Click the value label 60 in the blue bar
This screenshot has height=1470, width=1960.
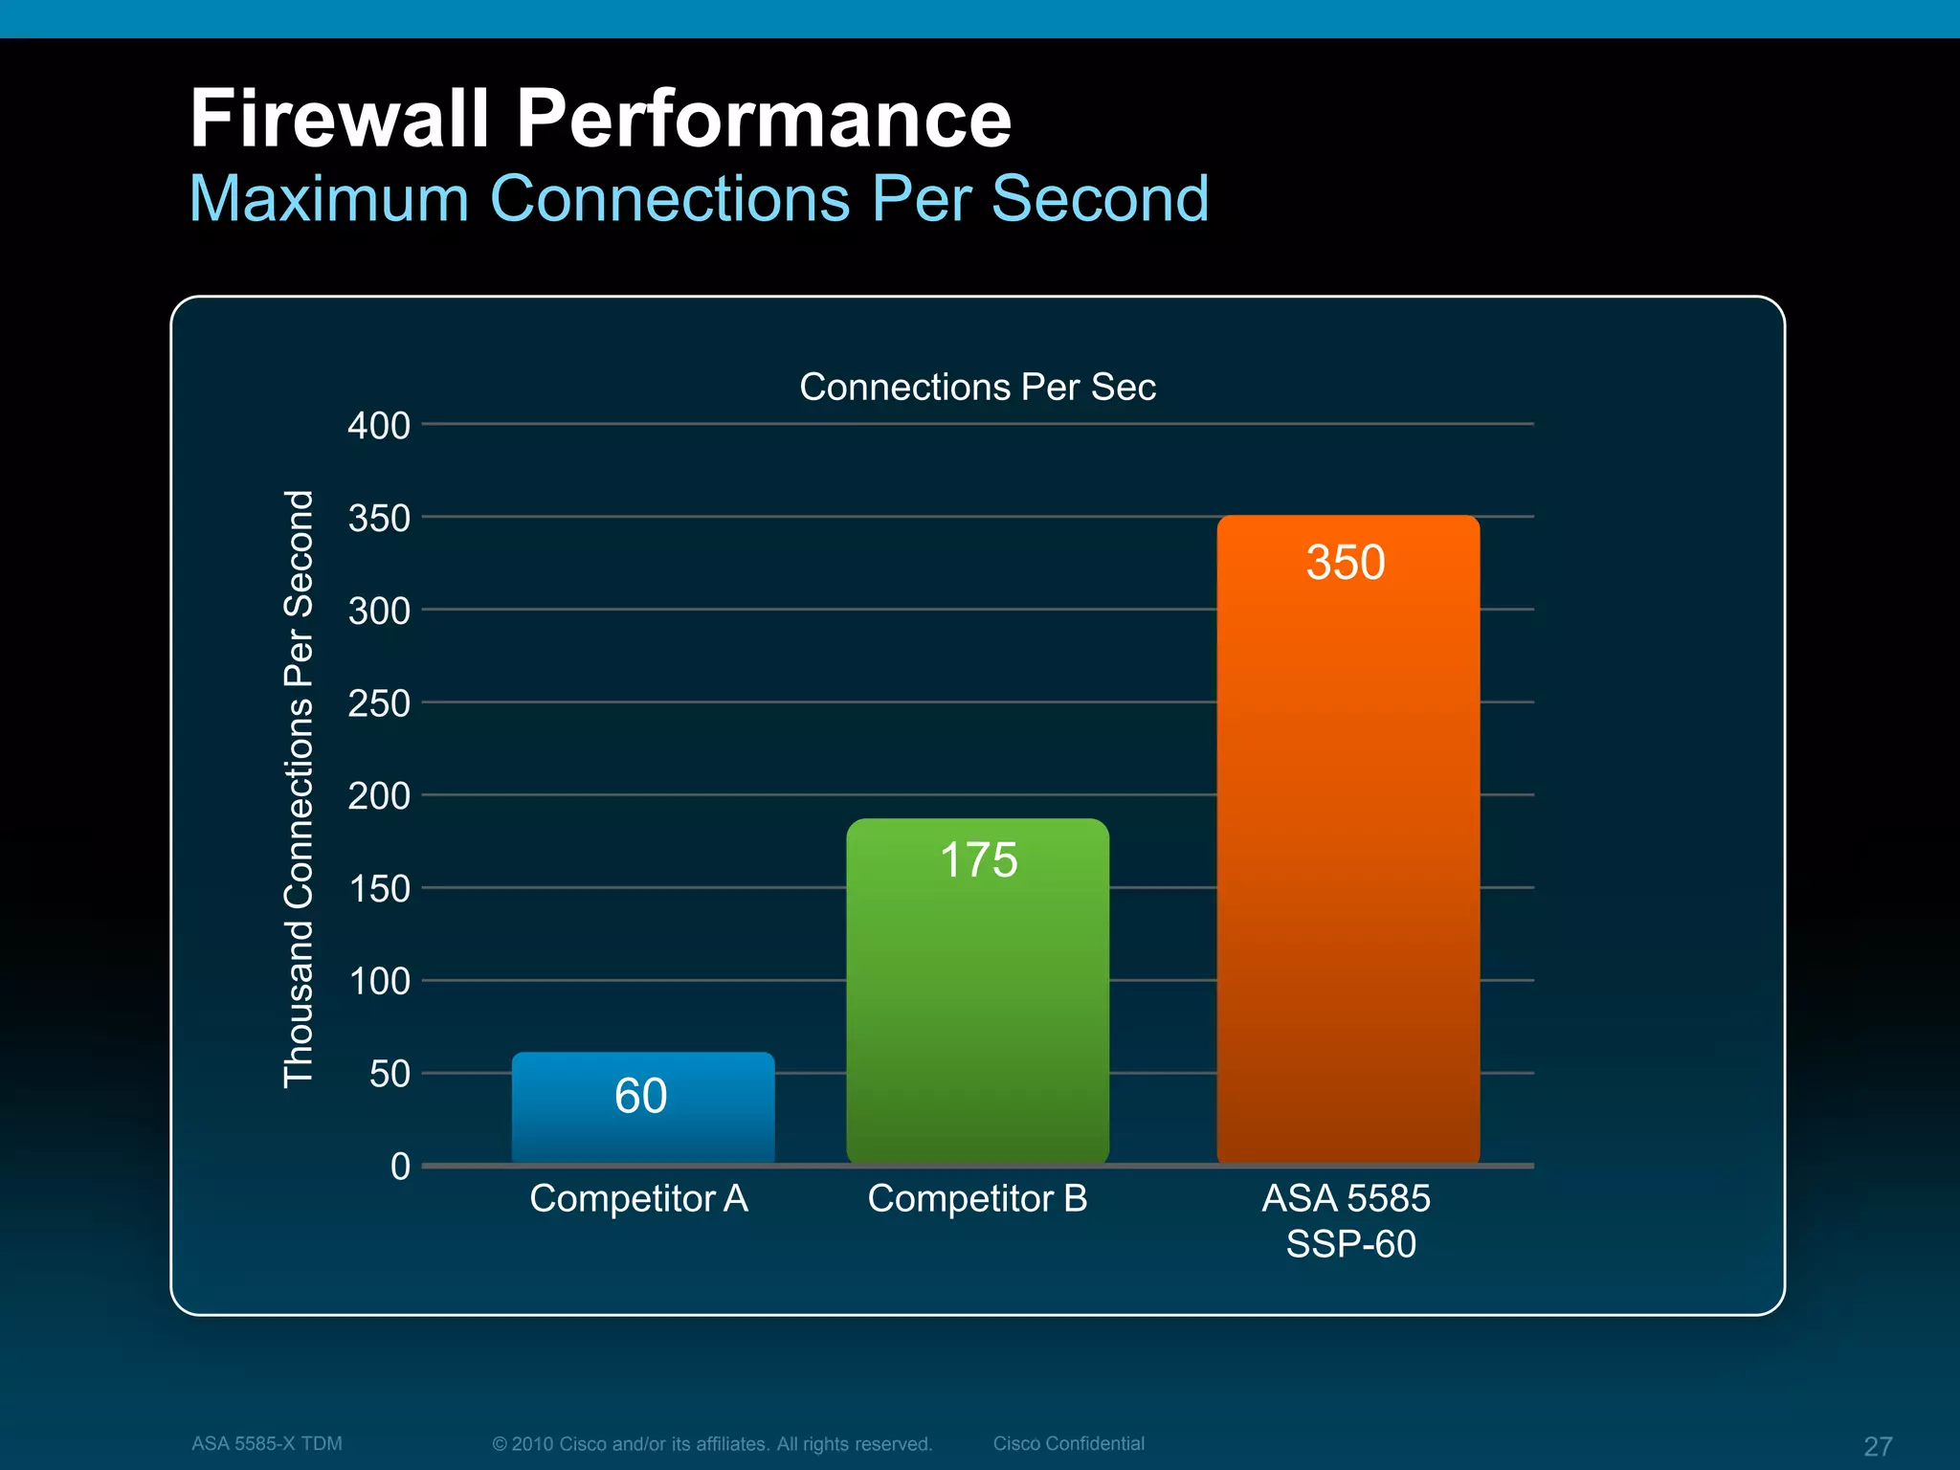[640, 1096]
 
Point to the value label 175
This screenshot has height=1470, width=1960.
[978, 859]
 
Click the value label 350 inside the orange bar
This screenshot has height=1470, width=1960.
[1346, 562]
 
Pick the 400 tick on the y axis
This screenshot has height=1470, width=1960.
[379, 426]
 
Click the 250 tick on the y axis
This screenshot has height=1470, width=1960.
[379, 704]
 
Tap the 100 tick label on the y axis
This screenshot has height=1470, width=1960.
[379, 982]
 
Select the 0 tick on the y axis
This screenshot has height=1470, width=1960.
[400, 1167]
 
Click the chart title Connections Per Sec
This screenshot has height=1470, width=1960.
[977, 387]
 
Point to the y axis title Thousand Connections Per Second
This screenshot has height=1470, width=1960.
[299, 790]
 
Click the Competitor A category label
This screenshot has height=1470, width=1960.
[638, 1198]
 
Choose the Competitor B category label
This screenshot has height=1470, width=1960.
[977, 1198]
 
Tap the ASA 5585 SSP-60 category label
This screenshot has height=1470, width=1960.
[1347, 1220]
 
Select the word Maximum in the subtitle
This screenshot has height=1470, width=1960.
[328, 199]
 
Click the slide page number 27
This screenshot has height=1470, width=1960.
[1878, 1446]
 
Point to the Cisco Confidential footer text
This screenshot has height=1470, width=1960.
[1068, 1443]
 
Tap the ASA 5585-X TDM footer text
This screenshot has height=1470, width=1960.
[266, 1443]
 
